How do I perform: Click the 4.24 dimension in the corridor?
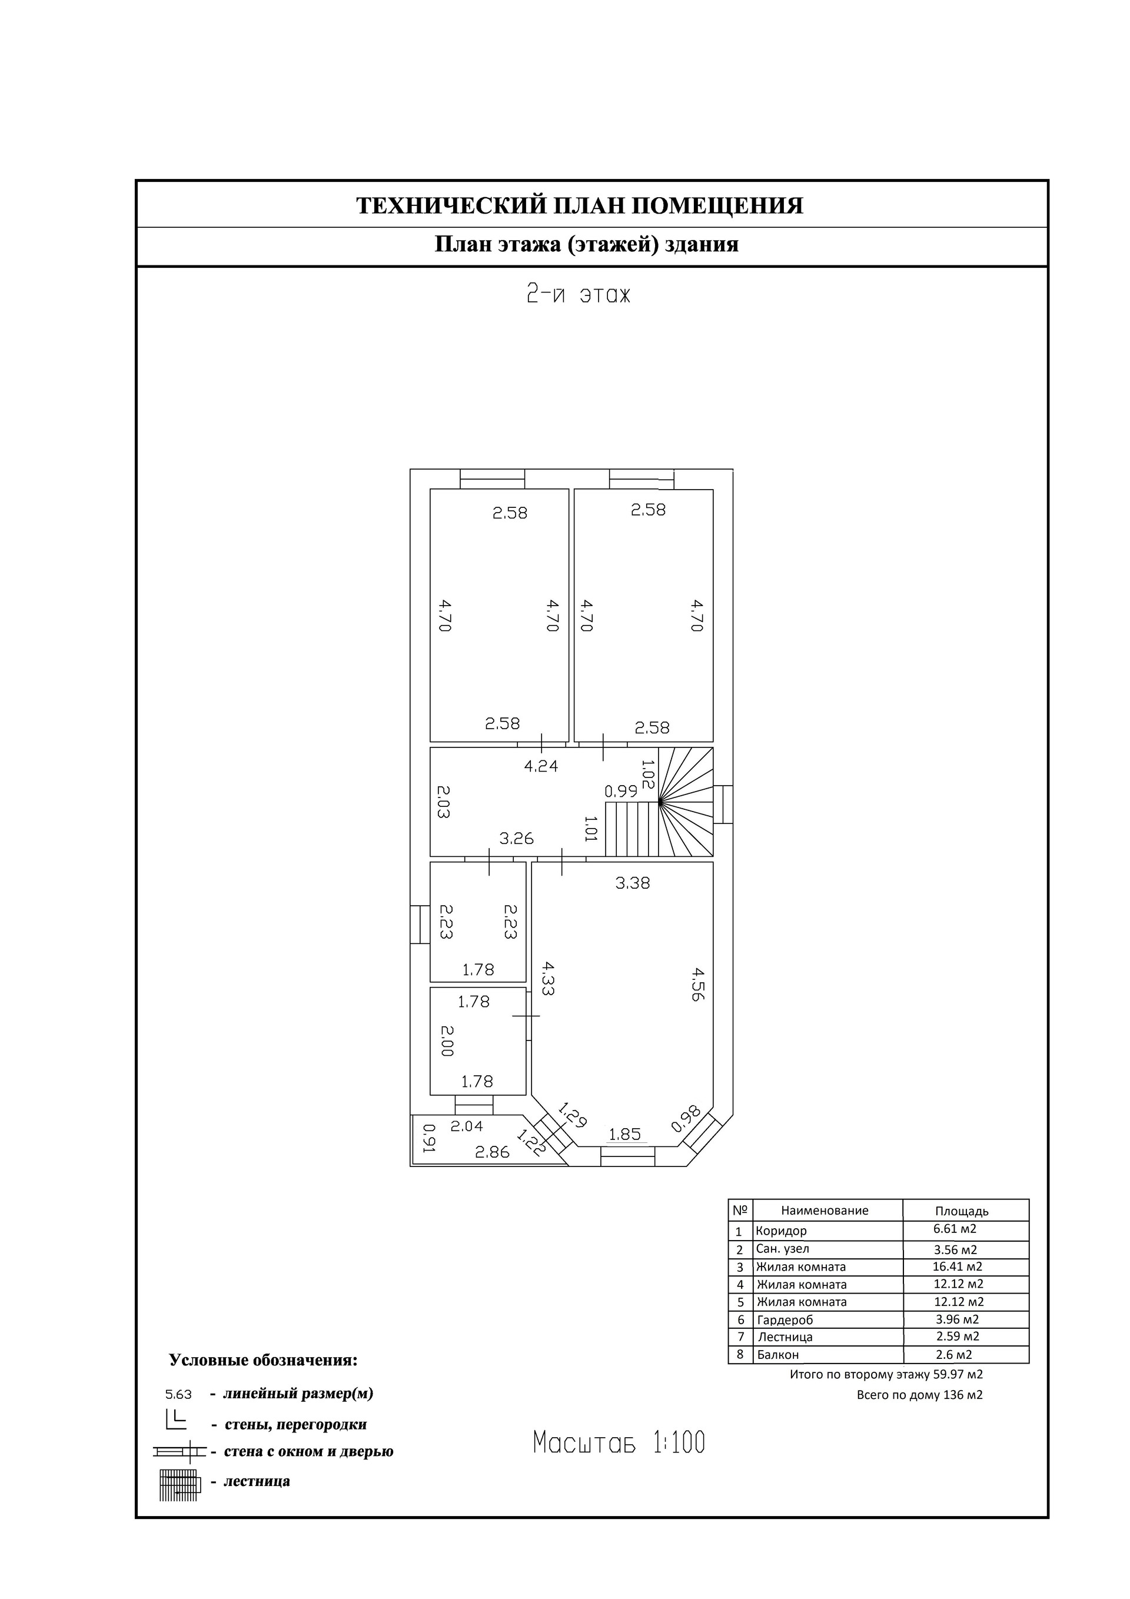click(x=541, y=766)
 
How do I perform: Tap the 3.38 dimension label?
click(x=633, y=883)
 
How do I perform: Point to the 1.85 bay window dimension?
click(x=624, y=1134)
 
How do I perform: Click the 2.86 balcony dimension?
click(x=492, y=1152)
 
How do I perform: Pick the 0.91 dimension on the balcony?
click(x=429, y=1139)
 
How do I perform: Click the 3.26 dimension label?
click(x=516, y=838)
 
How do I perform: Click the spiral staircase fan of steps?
click(x=686, y=802)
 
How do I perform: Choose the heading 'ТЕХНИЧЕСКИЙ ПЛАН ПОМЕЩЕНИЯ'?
click(x=580, y=205)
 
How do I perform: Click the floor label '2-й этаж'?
click(x=577, y=295)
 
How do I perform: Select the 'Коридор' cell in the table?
click(x=781, y=1231)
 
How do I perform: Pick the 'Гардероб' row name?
click(x=785, y=1319)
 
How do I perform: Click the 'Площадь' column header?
click(x=962, y=1211)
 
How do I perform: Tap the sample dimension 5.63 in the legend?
click(x=178, y=1395)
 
